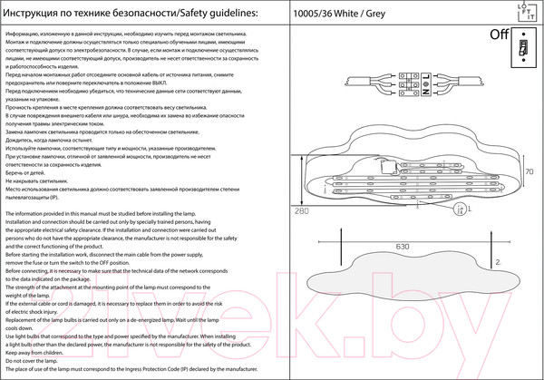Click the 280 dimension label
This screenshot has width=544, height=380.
point(303,210)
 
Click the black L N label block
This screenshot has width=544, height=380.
point(424,89)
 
